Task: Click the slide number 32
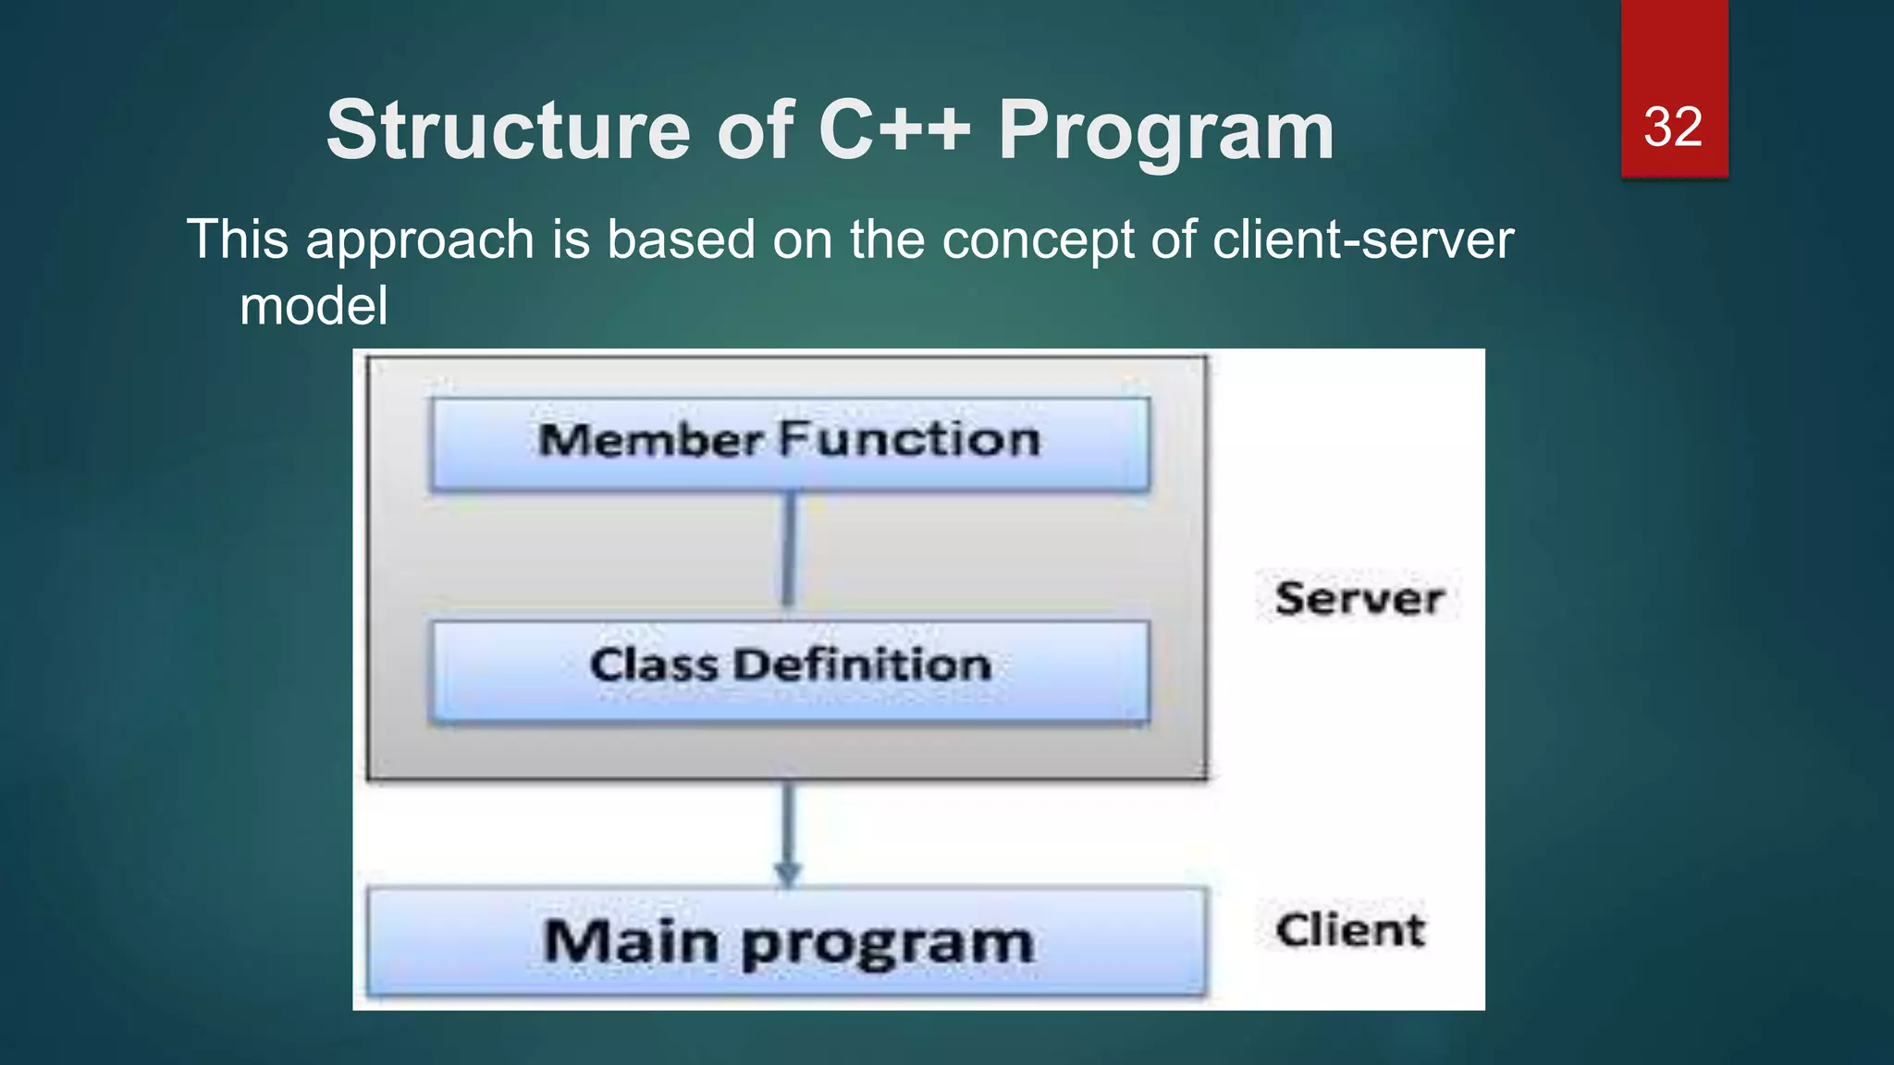click(1672, 128)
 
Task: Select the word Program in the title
click(1165, 132)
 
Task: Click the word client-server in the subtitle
click(1362, 239)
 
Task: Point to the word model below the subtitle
click(314, 306)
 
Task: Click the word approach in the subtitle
click(420, 240)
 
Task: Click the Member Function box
click(790, 444)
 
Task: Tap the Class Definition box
click(790, 669)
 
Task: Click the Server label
click(1359, 598)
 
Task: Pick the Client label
click(1350, 930)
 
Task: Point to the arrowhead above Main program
click(787, 875)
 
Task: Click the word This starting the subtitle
click(238, 239)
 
